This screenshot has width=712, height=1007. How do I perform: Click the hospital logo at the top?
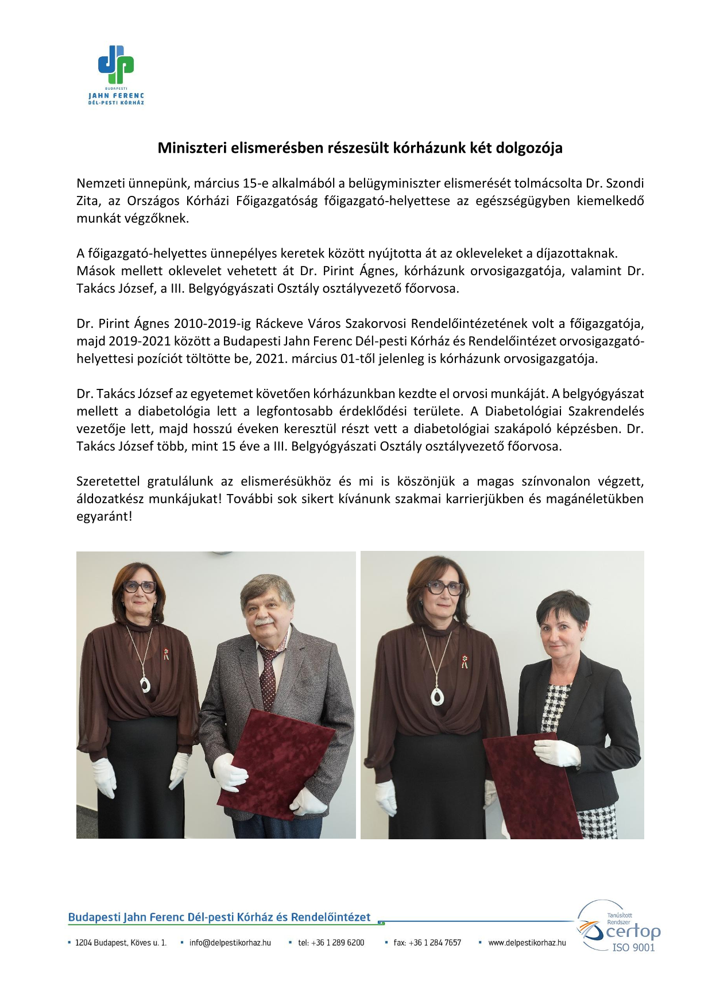(116, 75)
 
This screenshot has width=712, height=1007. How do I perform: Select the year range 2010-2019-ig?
(212, 323)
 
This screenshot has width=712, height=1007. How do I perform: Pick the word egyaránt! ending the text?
(104, 516)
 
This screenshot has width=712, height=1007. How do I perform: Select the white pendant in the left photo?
(145, 684)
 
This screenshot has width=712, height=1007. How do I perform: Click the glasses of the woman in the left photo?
(140, 587)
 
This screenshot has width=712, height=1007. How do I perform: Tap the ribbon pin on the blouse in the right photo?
(465, 661)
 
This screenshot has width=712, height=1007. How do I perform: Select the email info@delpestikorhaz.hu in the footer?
(230, 943)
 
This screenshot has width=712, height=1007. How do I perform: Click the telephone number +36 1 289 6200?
(331, 943)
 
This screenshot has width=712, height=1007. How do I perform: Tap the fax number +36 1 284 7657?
(427, 943)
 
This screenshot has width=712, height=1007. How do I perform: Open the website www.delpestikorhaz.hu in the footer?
(527, 943)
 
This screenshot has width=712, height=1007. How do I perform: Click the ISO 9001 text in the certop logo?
(633, 948)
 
